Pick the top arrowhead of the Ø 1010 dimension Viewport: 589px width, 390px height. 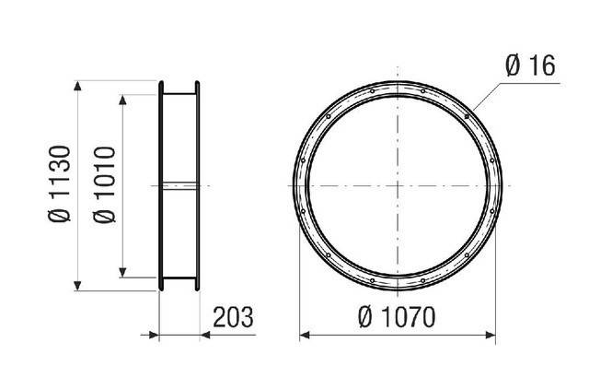124,97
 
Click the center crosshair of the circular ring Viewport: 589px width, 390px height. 398,184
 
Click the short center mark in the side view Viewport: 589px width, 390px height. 180,184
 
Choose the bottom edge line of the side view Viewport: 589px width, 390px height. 180,278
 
